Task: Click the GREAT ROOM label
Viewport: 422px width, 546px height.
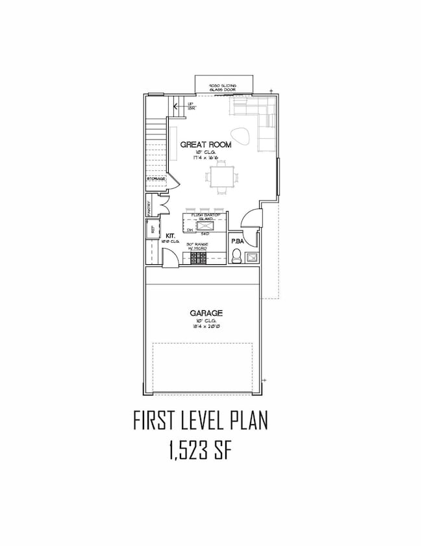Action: pyautogui.click(x=205, y=145)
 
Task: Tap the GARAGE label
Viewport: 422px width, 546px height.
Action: pyautogui.click(x=207, y=313)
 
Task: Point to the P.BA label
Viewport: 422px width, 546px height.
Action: pyautogui.click(x=238, y=241)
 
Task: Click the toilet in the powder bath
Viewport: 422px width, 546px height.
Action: pyautogui.click(x=237, y=255)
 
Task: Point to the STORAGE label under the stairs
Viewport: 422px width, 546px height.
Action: pyautogui.click(x=156, y=179)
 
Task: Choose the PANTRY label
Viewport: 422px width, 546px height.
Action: pyautogui.click(x=149, y=208)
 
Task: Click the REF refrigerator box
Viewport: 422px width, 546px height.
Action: pyautogui.click(x=153, y=229)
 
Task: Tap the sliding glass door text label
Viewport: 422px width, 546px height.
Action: pyautogui.click(x=222, y=88)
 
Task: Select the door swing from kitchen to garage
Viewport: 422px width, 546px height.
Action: pyautogui.click(x=168, y=258)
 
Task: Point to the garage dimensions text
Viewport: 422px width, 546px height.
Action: pyautogui.click(x=207, y=327)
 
